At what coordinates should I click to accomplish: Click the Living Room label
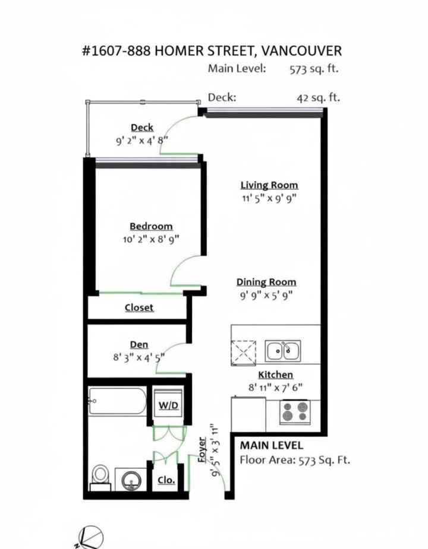point(269,185)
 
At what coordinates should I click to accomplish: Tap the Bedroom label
point(151,226)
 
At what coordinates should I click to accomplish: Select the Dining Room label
point(266,282)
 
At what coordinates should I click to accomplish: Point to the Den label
point(139,345)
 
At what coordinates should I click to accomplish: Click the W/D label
point(168,405)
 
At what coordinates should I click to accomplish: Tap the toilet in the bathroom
point(101,475)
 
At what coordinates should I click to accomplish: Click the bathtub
point(117,401)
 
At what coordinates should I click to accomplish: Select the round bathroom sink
point(131,479)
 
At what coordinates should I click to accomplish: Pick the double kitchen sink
point(282,351)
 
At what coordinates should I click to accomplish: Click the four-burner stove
point(295,411)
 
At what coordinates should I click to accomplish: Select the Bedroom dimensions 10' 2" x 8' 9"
point(150,239)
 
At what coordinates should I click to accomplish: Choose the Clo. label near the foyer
point(166,480)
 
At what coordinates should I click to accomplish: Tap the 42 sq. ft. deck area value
point(318,97)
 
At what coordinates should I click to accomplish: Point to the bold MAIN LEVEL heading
point(271,445)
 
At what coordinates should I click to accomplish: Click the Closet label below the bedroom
point(139,307)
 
